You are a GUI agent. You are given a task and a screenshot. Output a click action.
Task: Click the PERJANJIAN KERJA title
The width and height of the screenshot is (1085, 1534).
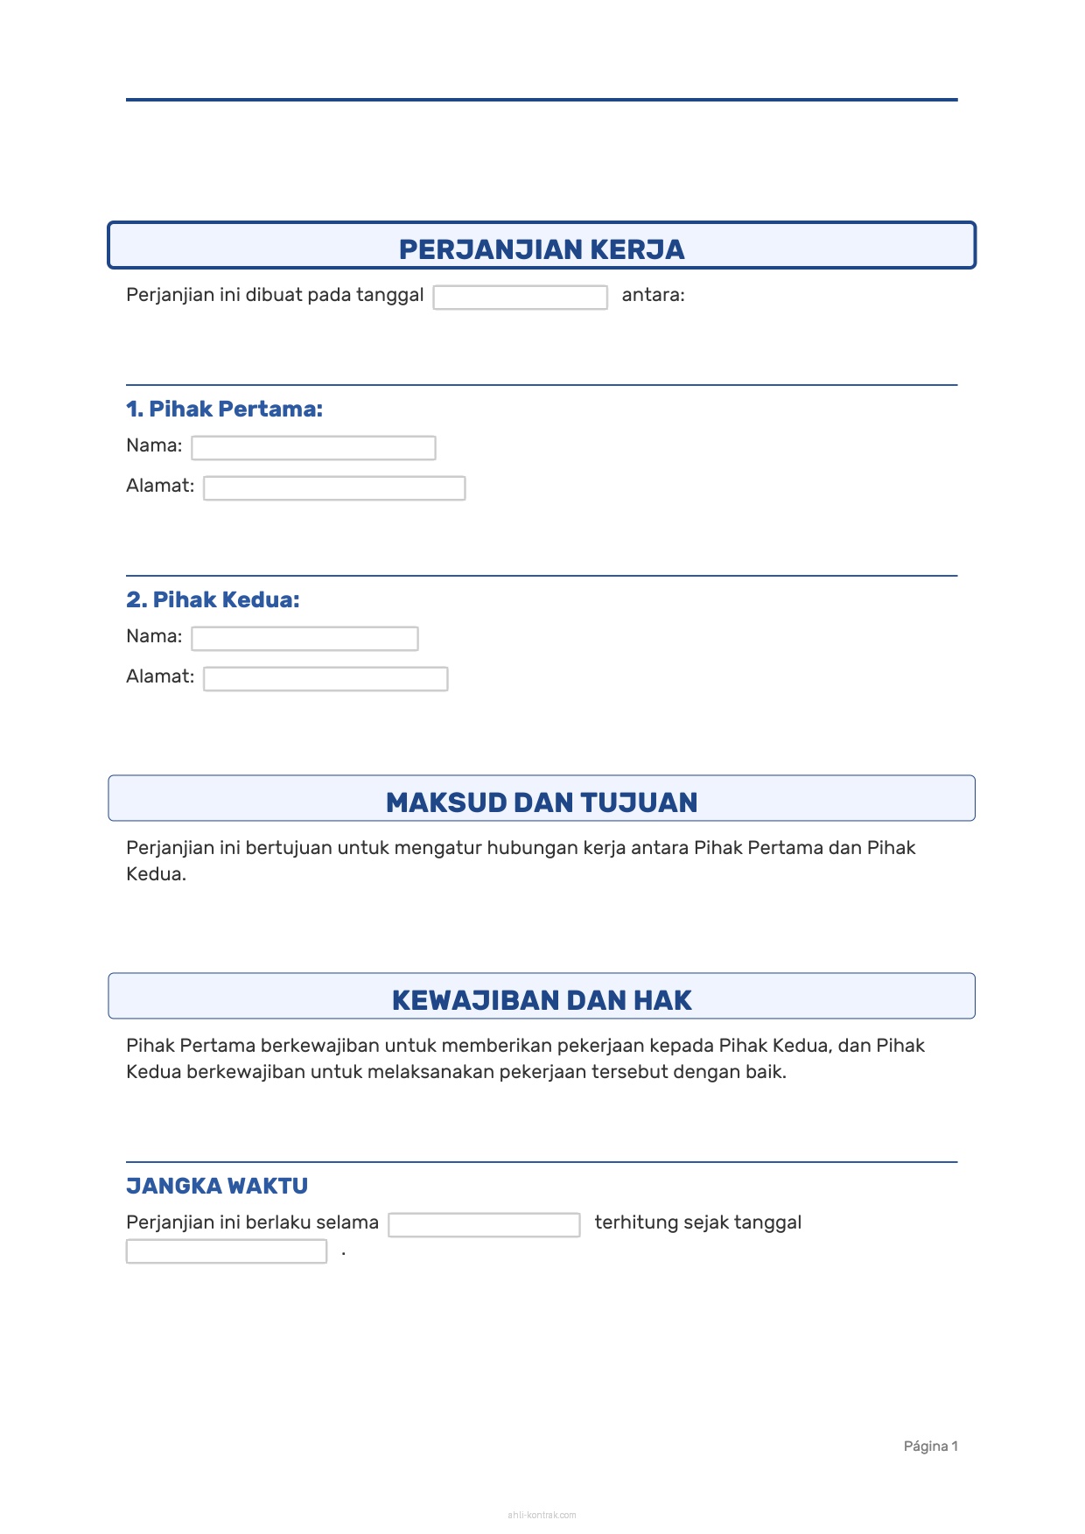[542, 249]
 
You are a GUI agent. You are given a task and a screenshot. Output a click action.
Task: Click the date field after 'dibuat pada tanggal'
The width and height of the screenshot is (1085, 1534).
[520, 298]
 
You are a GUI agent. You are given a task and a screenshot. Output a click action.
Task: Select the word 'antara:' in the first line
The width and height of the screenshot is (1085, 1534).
[653, 295]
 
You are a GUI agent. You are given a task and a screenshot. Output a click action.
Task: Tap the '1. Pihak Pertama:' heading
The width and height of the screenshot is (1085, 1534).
[224, 409]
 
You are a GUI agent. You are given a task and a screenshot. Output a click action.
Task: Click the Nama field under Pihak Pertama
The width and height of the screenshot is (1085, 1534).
[313, 448]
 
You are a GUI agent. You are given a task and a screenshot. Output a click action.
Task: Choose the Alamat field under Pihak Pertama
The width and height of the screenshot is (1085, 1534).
[334, 488]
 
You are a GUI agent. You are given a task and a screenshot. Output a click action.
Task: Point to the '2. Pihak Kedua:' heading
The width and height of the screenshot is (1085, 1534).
[213, 599]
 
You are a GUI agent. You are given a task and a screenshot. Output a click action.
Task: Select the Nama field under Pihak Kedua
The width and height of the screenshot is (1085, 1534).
[304, 639]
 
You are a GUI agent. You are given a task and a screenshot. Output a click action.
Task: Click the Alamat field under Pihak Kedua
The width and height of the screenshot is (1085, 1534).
[325, 679]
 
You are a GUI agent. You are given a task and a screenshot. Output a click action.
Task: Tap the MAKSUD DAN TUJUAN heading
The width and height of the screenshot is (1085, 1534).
[542, 802]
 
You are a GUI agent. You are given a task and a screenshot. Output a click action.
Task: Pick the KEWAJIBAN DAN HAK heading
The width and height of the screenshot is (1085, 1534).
[542, 1000]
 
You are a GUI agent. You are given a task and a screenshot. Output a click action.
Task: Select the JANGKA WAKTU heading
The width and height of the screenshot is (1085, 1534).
[217, 1186]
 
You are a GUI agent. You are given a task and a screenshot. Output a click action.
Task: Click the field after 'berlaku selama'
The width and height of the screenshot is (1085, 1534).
[484, 1225]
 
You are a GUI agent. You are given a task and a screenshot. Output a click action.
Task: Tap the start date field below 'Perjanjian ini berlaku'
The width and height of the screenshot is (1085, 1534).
[226, 1251]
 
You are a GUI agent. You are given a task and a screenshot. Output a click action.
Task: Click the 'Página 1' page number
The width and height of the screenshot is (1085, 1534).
[930, 1446]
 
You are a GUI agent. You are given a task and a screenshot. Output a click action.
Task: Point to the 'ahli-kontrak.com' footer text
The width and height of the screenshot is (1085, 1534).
[542, 1515]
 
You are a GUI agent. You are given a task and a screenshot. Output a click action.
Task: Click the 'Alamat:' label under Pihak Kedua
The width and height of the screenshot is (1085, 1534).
[160, 676]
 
